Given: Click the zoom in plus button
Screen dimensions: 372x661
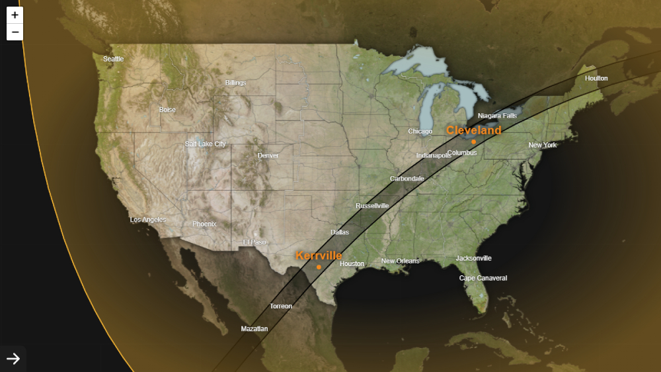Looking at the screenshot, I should [15, 15].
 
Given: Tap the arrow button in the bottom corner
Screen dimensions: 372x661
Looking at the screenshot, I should [13, 359].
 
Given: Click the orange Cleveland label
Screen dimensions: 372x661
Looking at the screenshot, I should [473, 130].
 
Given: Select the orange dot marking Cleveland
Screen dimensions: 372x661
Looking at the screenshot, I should [474, 142].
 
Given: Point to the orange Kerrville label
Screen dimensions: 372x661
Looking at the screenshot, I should [319, 256].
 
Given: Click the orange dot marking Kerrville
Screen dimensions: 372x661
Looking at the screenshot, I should [319, 267].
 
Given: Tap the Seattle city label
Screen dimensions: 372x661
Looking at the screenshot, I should [113, 59].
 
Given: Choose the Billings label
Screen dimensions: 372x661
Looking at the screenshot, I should [235, 83].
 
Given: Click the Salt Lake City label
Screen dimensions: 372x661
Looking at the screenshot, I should [205, 144].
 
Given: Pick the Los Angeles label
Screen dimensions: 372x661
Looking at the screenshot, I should [148, 220].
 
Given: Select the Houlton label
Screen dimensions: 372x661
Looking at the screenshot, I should [596, 78].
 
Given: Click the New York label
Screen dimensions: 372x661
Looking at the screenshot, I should [543, 145].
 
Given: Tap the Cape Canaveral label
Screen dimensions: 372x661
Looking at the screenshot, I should [483, 278].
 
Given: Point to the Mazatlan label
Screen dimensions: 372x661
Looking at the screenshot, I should [254, 329].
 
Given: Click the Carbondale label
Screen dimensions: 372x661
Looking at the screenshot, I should [407, 179].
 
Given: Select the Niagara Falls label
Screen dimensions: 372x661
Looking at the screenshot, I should [497, 116].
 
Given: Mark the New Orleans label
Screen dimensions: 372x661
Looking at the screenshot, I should [400, 261].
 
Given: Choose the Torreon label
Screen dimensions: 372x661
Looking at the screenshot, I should [281, 306].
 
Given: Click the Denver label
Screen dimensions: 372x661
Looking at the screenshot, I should [268, 156].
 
